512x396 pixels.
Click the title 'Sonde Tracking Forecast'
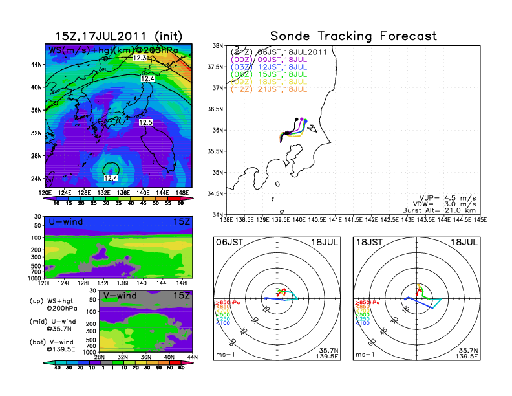353,36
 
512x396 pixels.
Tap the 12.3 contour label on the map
141,58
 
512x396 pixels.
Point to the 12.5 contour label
145,122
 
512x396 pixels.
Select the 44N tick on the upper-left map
37,65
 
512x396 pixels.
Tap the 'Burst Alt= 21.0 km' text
443,210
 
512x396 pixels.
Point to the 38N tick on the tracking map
218,47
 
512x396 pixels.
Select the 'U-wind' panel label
65,222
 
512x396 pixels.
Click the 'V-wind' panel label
123,296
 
